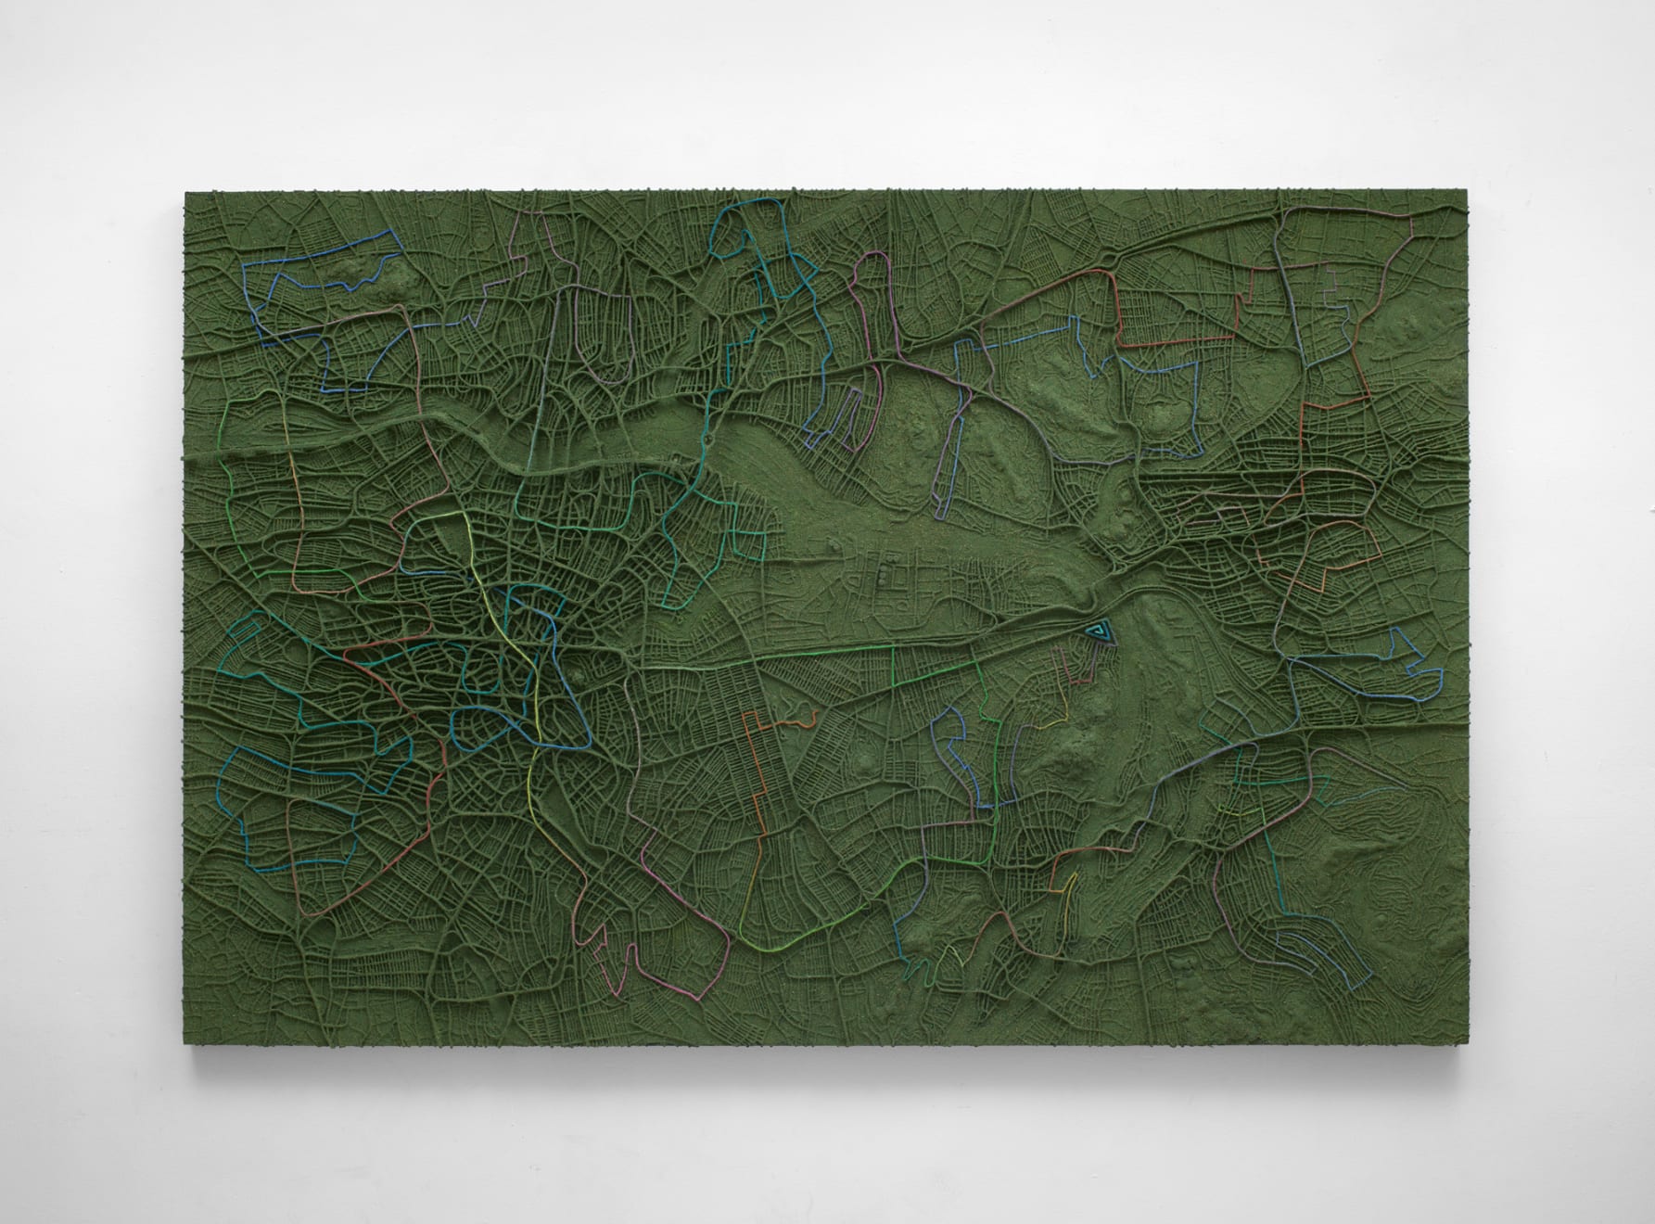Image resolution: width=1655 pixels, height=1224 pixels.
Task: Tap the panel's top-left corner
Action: coord(185,193)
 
